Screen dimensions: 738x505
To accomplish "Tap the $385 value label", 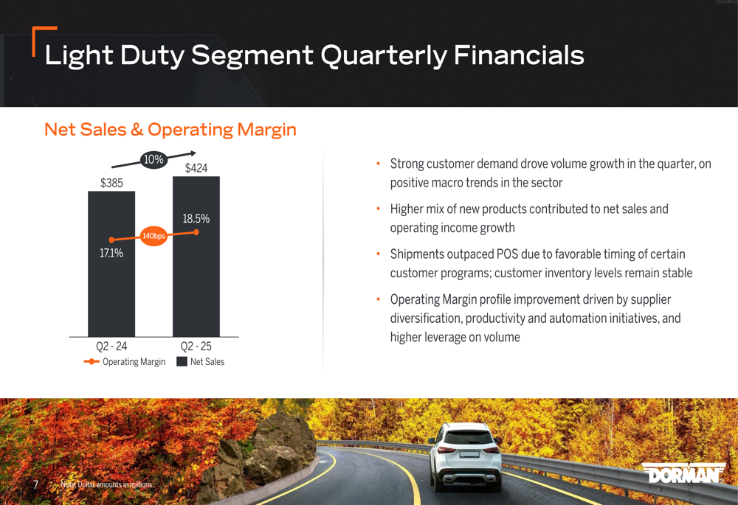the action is pos(111,183).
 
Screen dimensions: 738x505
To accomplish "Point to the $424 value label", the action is pos(196,168).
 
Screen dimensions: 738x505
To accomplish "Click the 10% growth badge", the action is pos(154,160).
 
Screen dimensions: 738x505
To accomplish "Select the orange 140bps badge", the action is pos(154,236).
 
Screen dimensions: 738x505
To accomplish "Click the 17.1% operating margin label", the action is pos(111,253).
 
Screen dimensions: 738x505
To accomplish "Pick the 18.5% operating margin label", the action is pos(196,219).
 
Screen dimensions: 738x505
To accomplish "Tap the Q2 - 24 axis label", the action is pos(111,346).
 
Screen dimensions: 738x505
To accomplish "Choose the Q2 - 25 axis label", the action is pos(196,346).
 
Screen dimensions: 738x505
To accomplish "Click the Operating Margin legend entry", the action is pos(125,361).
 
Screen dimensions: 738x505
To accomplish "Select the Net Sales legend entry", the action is pos(201,361).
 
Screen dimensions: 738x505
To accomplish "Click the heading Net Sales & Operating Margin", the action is pos(170,129).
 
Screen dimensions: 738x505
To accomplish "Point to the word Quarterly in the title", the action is pos(384,55).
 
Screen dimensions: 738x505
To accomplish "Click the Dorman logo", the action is pos(683,473).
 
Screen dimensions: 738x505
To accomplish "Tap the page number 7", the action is pos(35,484).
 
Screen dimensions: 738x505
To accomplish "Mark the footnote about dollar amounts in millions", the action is pos(107,484).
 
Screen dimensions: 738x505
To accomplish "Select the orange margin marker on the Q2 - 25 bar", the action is pos(196,232).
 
